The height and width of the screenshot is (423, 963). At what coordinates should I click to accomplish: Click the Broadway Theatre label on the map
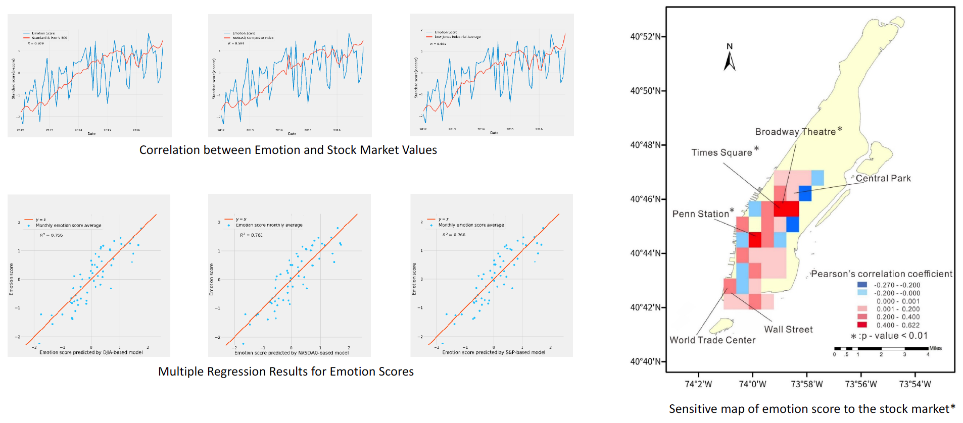point(795,132)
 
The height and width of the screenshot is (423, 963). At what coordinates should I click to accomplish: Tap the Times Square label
point(721,152)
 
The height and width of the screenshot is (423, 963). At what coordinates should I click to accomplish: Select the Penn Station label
point(700,214)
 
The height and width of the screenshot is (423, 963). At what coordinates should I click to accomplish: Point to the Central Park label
point(883,178)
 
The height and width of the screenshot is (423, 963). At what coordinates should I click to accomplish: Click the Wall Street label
point(788,329)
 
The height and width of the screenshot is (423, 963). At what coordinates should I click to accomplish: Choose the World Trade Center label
point(712,340)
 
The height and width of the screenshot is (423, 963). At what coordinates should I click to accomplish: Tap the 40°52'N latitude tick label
point(645,36)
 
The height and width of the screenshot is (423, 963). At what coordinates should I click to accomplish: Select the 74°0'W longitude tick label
point(752,384)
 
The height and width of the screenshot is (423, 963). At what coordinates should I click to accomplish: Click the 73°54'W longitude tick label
point(914,384)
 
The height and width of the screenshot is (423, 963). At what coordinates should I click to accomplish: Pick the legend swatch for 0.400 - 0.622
point(862,325)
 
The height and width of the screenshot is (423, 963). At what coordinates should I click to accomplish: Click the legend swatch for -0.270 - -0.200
point(862,285)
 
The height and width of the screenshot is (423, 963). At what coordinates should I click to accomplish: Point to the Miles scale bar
point(881,348)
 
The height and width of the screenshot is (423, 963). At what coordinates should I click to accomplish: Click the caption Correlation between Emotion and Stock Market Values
point(288,150)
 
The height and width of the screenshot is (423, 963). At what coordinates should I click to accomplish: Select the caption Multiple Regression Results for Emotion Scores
point(285,372)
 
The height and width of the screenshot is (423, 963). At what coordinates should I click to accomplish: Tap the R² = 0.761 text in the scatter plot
point(251,235)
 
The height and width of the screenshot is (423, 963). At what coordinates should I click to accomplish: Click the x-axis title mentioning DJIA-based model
point(91,352)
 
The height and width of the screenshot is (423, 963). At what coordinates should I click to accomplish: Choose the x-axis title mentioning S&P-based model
point(494,352)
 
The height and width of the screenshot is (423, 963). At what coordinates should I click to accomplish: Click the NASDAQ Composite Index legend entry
point(253,38)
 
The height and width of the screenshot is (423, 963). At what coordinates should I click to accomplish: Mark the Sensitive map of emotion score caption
point(812,409)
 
